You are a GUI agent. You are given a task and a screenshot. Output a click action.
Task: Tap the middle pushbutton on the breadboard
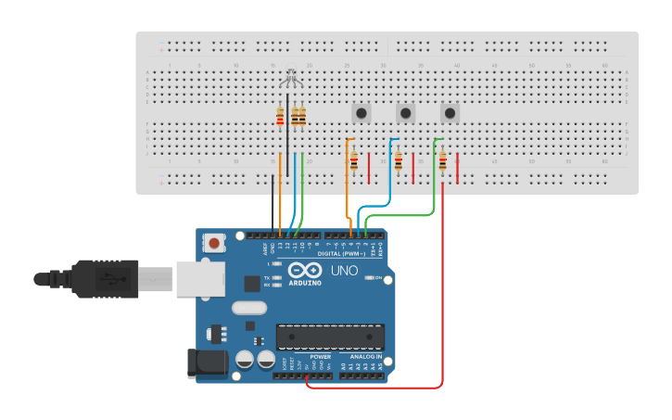point(406,113)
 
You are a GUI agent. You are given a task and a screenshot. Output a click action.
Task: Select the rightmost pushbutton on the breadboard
point(450,113)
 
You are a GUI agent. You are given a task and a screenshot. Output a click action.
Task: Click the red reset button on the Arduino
point(214,243)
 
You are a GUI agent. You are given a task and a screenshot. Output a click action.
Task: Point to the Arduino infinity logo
point(302,271)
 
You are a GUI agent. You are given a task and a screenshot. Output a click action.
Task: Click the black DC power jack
point(207,363)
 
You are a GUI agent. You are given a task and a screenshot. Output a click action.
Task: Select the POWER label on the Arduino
point(321,356)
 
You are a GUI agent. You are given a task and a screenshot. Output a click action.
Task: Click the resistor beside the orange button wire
point(354,162)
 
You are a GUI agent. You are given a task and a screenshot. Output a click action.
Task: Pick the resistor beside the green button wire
point(443,162)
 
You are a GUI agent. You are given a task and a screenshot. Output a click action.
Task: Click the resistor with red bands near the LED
point(280,117)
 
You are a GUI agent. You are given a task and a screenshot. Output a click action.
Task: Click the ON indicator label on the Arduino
point(379,277)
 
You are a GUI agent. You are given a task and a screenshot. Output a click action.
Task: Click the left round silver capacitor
point(245,360)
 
